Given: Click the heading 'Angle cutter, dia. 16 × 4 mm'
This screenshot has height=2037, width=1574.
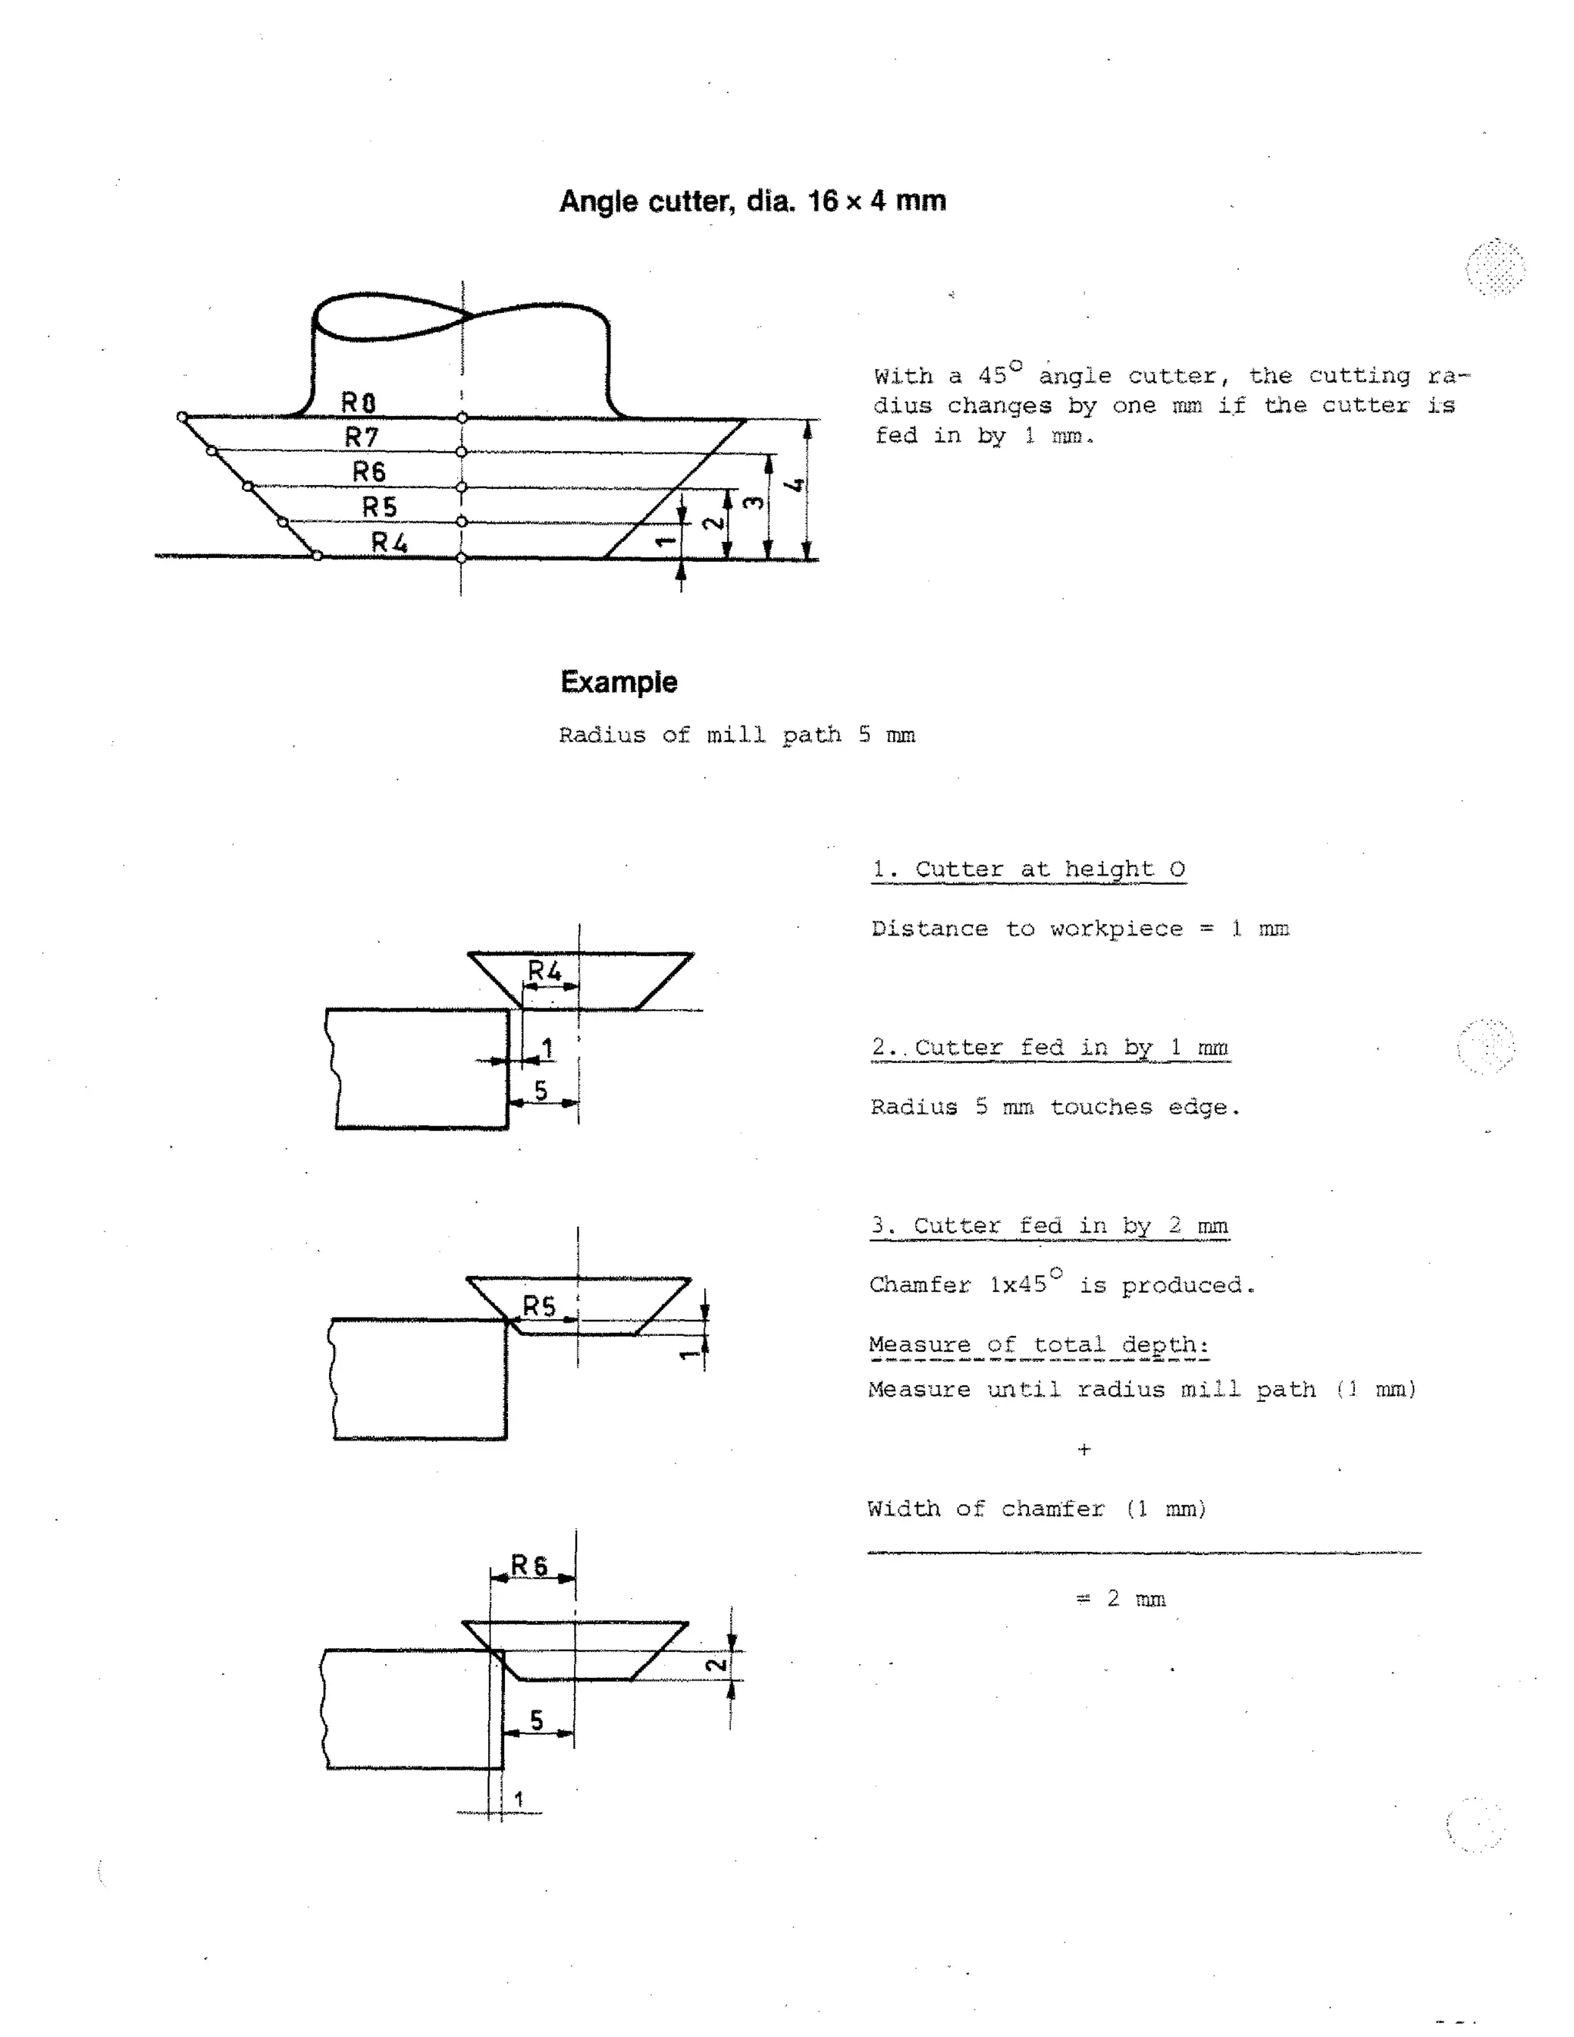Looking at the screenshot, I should (752, 201).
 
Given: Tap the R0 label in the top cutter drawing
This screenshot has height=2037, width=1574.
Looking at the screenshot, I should (358, 402).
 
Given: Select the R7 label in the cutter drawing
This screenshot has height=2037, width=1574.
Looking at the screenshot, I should (362, 437).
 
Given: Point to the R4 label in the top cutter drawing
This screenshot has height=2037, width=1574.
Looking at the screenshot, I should (389, 542).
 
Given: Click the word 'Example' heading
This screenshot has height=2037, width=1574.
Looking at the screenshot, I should (618, 682).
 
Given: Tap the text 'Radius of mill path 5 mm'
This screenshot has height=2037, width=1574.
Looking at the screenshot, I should (736, 735).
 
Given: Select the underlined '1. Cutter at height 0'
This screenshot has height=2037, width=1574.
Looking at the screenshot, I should (1028, 869).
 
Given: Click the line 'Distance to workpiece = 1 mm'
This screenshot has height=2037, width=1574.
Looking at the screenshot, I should (1080, 929).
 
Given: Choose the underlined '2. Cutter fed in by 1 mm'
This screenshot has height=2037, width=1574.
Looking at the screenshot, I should (1050, 1048).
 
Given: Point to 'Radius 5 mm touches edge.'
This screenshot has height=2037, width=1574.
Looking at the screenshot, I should (1054, 1107).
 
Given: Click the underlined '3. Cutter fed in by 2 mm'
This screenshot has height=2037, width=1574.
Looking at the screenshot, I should (1049, 1225).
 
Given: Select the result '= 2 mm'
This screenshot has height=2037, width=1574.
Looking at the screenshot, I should (1121, 1599).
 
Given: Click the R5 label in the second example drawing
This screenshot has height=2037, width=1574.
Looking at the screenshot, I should (538, 1307).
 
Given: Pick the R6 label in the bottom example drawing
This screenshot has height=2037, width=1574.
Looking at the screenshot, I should (530, 1565).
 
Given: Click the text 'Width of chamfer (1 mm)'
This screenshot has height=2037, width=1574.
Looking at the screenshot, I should (1037, 1509).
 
